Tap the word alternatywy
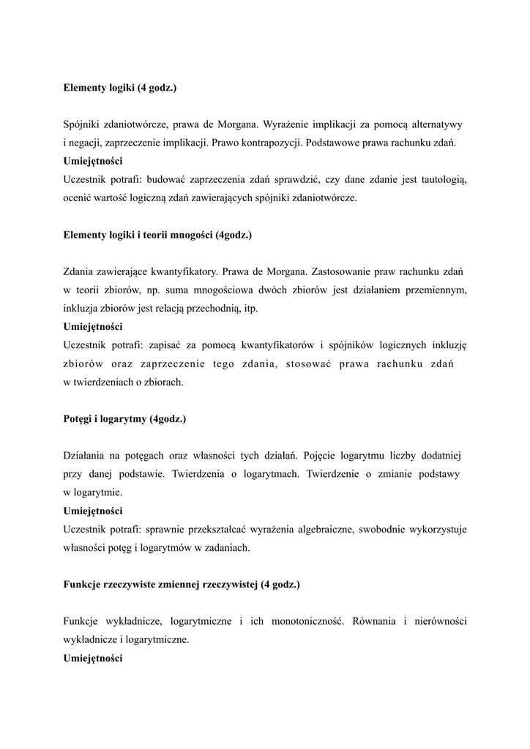click(438, 124)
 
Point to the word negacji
click(86, 143)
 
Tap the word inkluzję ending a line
click(449, 345)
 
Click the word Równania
click(376, 622)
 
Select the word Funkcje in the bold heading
click(82, 585)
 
